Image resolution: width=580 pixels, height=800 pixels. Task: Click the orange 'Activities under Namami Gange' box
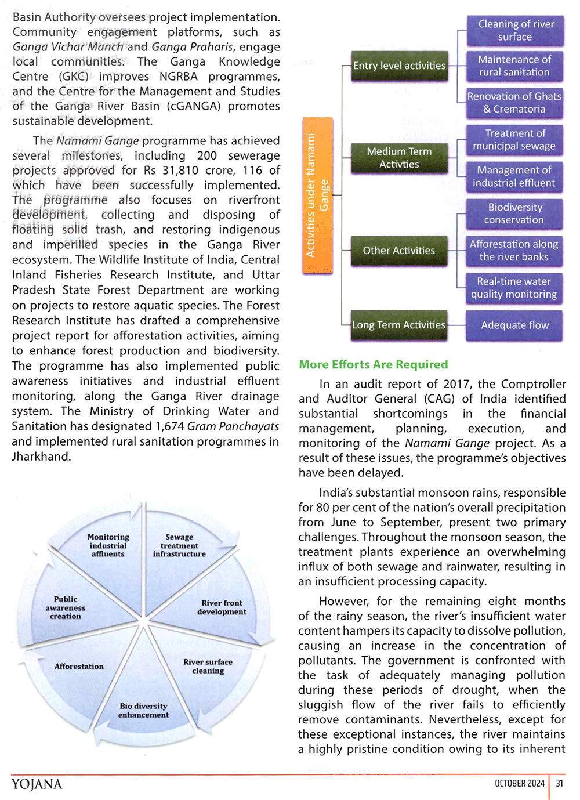coord(317,195)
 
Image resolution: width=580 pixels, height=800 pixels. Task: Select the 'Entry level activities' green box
coord(399,66)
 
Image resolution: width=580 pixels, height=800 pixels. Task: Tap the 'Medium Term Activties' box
coord(399,158)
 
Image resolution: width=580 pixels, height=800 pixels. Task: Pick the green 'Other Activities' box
coord(399,251)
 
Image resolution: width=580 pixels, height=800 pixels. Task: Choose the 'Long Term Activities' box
coord(399,325)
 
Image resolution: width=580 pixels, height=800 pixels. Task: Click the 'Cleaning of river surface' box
coord(515,31)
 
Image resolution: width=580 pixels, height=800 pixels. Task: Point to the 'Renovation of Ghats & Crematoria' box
coord(515,103)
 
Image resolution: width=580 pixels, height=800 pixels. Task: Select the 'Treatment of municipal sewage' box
coord(515,140)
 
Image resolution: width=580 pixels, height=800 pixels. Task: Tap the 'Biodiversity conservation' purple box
coord(515,213)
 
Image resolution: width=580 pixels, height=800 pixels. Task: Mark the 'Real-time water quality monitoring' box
coord(515,288)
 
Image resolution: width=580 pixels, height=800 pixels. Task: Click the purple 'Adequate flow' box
coord(515,325)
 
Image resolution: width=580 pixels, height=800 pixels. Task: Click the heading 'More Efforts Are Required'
coord(374,364)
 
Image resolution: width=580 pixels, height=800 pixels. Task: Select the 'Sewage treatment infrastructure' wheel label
coord(179,545)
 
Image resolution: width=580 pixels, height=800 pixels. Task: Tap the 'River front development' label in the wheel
coord(222,607)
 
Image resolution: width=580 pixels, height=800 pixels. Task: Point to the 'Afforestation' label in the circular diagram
coord(79,667)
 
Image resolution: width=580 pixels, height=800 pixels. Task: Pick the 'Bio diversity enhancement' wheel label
coord(143,711)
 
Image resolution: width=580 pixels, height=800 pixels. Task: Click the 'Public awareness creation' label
coord(66,607)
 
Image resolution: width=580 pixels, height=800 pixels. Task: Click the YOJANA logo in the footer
coord(37,784)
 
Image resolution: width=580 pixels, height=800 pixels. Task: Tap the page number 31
coord(559,783)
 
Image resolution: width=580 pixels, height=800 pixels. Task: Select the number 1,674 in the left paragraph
coord(170,426)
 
